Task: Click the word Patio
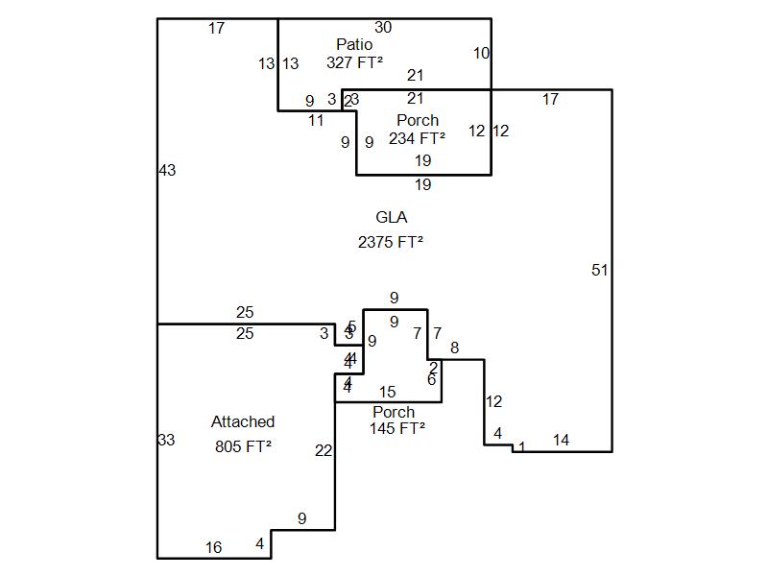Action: (354, 45)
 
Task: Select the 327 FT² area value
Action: (354, 62)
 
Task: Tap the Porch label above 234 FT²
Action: (418, 121)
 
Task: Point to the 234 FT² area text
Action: (418, 138)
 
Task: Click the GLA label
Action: (392, 218)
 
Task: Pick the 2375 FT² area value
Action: (391, 243)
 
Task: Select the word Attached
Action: (243, 422)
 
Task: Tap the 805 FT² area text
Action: (243, 446)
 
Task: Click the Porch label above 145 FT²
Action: (394, 413)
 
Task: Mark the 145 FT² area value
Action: (397, 428)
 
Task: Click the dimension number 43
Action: (167, 171)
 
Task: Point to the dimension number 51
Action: (600, 271)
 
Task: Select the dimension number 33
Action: (166, 441)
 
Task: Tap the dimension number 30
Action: (383, 28)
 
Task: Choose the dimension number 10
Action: (481, 54)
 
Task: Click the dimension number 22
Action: (324, 451)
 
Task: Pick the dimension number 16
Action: (213, 548)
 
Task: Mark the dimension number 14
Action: (561, 441)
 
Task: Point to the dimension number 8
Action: (454, 348)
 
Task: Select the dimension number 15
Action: (387, 393)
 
